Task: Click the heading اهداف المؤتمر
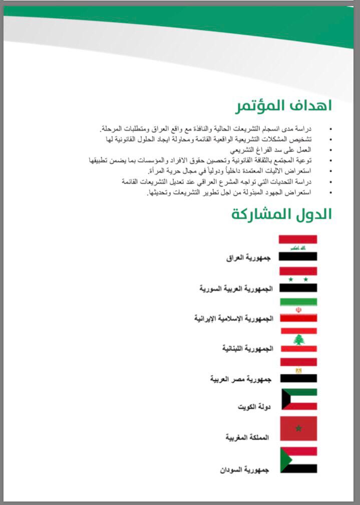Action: pos(283,106)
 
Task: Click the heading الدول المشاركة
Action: pos(281,214)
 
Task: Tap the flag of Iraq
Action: pos(298,248)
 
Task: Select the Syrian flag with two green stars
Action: pos(298,279)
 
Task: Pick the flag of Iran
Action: pos(298,310)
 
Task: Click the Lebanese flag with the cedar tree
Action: pos(298,340)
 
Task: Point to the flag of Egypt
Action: pos(298,370)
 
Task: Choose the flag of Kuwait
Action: pos(298,399)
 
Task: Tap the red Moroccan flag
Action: pos(298,428)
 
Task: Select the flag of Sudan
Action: pos(298,460)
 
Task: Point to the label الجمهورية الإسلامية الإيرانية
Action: pos(232,319)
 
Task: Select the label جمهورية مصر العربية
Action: pos(240,379)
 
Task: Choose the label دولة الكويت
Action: pos(254,407)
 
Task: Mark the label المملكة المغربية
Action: pos(247,437)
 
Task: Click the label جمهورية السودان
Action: pos(244,470)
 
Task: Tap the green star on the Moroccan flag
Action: pos(299,428)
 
